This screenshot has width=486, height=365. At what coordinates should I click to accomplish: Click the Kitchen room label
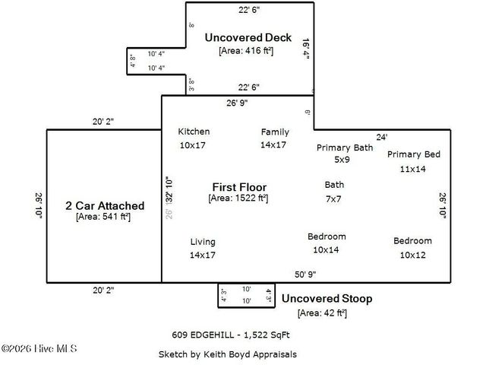click(x=194, y=132)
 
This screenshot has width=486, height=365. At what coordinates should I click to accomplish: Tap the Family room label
click(x=275, y=132)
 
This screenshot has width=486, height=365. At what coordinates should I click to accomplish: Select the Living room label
click(x=203, y=242)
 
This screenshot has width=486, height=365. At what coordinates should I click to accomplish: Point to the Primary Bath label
click(x=345, y=148)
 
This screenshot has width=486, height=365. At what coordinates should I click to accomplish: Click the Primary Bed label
click(x=414, y=154)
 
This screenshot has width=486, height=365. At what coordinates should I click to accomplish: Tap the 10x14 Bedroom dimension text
click(x=327, y=249)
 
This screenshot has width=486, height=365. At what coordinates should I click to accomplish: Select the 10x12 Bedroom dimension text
click(x=412, y=255)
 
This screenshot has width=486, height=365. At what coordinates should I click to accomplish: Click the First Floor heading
click(x=238, y=186)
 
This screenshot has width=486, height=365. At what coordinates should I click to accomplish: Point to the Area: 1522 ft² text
click(x=238, y=198)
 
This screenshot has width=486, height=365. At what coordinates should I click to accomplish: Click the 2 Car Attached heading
click(x=105, y=205)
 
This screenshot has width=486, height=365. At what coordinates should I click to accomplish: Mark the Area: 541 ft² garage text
click(x=103, y=217)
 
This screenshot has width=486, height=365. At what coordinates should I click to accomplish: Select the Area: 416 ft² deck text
click(x=246, y=50)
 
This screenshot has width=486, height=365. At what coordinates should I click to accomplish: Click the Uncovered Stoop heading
click(x=327, y=299)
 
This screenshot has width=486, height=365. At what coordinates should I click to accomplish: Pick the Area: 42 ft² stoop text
click(x=322, y=313)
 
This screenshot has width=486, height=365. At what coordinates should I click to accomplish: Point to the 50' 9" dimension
click(x=305, y=275)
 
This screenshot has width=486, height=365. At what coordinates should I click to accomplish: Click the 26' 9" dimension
click(x=237, y=103)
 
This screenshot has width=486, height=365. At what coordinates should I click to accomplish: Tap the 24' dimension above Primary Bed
click(x=382, y=137)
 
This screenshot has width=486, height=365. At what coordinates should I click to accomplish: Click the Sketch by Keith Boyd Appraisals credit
click(x=227, y=354)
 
